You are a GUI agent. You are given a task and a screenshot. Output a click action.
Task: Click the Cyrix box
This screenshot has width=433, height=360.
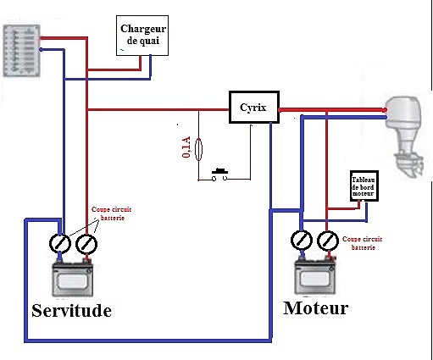pos(254,107)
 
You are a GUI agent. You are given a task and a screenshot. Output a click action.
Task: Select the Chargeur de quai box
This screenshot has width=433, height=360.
pos(142,36)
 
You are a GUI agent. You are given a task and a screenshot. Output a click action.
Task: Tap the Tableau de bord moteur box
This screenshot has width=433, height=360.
pos(364,186)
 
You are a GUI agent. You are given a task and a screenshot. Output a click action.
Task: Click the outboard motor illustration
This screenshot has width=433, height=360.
pos(406,136)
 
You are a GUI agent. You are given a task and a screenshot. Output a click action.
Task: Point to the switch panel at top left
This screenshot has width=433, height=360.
pos(21,51)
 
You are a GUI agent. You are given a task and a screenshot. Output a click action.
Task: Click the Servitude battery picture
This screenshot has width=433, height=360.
pos(73,279)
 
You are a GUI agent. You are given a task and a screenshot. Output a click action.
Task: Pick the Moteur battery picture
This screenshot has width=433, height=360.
pos(315,276)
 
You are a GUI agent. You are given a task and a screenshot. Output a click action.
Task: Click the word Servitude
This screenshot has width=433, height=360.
pos(71,311)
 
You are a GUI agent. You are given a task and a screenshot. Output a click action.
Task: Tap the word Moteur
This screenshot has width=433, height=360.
pos(315,307)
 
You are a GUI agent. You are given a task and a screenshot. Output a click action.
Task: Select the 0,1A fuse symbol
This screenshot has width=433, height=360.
pos(199,149)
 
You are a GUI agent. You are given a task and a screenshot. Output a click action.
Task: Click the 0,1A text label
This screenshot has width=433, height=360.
pos(186,147)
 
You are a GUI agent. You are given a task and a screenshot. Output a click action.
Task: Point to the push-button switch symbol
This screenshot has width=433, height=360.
pos(219,175)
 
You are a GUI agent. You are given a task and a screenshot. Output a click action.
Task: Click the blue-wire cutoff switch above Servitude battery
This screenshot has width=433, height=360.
pos(60,244)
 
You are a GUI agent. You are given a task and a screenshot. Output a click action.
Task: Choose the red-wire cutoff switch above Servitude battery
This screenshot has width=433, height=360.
pos(86,244)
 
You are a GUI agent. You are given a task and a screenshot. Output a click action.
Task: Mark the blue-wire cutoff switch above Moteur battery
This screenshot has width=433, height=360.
pos(302,241)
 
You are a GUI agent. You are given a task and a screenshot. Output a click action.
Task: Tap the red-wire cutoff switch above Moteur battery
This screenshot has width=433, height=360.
pos(328,241)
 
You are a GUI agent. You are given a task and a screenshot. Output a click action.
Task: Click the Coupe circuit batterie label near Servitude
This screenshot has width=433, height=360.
pos(112,213)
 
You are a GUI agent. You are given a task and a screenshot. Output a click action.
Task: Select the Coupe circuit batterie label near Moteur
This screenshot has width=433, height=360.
pos(363,243)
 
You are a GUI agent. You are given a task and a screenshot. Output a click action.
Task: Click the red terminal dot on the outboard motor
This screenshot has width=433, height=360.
pos(385,110)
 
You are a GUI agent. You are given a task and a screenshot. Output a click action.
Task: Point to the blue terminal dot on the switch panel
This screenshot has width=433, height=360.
pos(41,50)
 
